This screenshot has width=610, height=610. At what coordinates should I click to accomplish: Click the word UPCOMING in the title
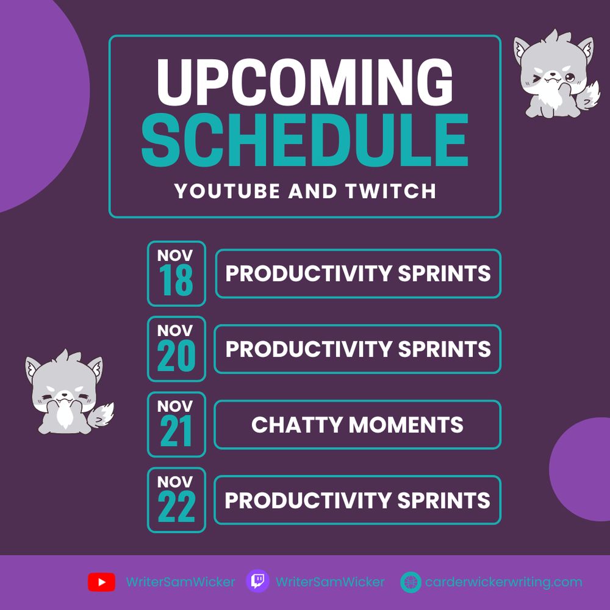(305, 82)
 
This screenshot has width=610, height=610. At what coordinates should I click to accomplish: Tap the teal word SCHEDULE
(304, 140)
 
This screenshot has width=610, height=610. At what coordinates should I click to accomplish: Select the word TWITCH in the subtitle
(390, 191)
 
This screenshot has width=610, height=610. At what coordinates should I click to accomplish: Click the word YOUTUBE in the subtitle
(227, 191)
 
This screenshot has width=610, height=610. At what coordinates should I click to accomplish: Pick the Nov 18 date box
(177, 273)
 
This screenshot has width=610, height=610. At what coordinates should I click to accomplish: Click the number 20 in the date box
(176, 355)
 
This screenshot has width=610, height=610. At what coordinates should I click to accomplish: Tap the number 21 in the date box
(176, 431)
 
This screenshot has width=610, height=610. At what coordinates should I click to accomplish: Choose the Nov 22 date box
(177, 500)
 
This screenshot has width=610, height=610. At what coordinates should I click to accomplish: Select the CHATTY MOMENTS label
(357, 425)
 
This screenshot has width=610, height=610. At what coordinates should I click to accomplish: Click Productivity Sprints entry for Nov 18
(358, 273)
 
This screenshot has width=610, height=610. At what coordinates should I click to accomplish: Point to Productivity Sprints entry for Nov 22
(357, 500)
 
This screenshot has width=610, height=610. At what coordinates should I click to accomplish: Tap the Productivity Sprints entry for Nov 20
(357, 349)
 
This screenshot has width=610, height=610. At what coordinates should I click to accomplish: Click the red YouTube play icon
(101, 582)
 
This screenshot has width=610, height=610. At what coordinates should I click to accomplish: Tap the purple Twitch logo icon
(257, 581)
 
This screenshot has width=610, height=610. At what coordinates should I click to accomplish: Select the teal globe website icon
(411, 583)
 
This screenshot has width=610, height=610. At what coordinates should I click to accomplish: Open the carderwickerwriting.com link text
(504, 582)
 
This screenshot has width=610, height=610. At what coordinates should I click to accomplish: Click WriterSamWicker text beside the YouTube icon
(181, 582)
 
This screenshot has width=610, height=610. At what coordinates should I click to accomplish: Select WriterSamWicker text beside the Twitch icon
(330, 582)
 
